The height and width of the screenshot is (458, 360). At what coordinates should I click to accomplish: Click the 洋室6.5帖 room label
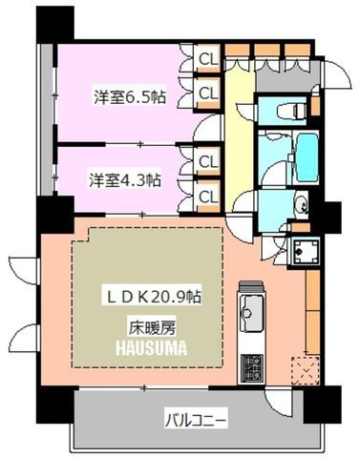tap(130, 96)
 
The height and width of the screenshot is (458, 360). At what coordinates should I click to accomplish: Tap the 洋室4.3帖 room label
tap(124, 180)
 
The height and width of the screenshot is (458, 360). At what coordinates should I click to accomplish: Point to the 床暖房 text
tap(152, 327)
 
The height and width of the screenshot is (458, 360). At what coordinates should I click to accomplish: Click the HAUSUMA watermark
tap(151, 347)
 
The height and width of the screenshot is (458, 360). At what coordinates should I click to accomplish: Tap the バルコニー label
tap(196, 421)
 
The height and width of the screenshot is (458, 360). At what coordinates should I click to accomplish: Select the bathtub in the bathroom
tap(307, 157)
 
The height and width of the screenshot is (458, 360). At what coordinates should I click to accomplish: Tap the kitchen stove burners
tap(252, 368)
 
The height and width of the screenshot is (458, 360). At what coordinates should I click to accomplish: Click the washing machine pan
tap(306, 252)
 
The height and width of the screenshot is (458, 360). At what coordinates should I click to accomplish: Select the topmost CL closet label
tap(208, 58)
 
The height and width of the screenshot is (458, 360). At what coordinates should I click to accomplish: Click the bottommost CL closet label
tap(208, 197)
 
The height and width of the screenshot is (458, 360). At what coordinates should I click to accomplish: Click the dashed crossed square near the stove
tap(306, 370)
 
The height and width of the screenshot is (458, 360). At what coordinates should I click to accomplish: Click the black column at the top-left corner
tap(54, 24)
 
